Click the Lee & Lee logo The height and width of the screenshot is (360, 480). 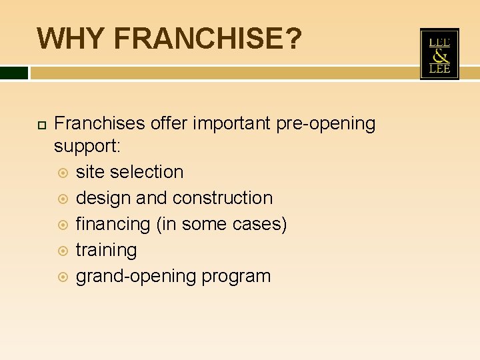point(439,54)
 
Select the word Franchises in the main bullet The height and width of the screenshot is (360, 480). point(99,124)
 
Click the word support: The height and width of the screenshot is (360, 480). point(87,145)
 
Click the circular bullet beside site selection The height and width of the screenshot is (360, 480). point(63,172)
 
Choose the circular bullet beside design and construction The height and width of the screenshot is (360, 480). point(63,198)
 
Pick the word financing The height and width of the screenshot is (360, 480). point(113,225)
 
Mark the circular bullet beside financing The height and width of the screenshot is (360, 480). point(63,225)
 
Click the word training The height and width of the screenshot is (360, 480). point(106,251)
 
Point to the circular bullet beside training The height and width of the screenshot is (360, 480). point(63,251)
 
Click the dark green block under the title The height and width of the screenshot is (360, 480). point(14,72)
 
